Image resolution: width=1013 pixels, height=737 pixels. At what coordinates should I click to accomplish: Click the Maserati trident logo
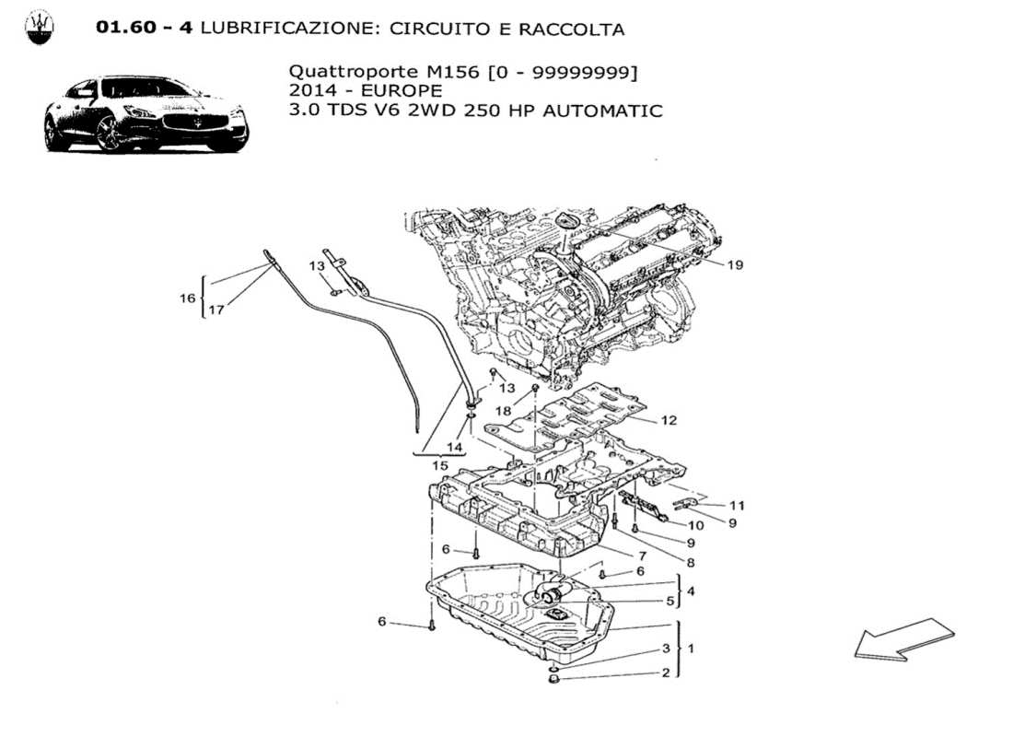point(39,28)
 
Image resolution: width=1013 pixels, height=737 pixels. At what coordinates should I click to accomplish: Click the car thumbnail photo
point(146,114)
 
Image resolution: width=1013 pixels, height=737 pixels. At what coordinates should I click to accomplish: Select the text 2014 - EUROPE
point(365,91)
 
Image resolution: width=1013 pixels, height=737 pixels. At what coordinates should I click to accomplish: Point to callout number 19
point(734,265)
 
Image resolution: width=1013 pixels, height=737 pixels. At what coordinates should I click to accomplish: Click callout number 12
point(669,420)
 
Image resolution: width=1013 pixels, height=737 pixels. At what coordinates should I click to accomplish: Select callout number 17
point(215,310)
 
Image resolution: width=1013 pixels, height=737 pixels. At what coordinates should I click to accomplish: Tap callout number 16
point(188,298)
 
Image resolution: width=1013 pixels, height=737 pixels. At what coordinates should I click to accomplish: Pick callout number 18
point(504,410)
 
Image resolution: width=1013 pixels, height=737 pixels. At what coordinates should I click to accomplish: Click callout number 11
point(737,505)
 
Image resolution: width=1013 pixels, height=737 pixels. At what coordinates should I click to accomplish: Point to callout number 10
point(696,525)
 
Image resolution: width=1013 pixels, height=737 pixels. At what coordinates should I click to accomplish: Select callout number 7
point(641,556)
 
